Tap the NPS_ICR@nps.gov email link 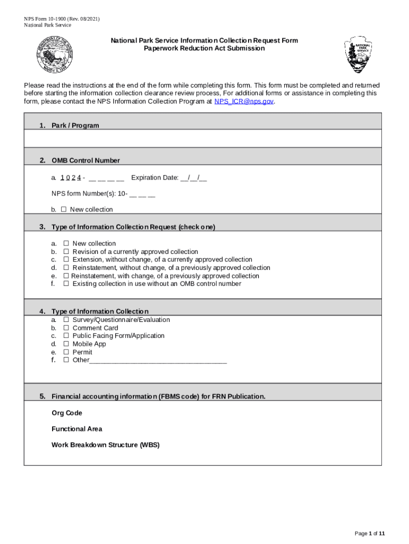click(244, 101)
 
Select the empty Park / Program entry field click(202, 139)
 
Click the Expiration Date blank click(193, 178)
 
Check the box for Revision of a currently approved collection click(66, 252)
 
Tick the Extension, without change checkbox click(66, 260)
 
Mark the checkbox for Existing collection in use click(66, 284)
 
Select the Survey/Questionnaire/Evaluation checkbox click(66, 320)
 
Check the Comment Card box click(66, 328)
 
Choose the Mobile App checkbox click(66, 344)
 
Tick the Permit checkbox click(66, 352)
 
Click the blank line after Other click(158, 361)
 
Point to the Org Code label click(67, 413)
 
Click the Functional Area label click(77, 429)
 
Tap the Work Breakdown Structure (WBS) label click(105, 445)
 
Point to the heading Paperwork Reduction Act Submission click(204, 48)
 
